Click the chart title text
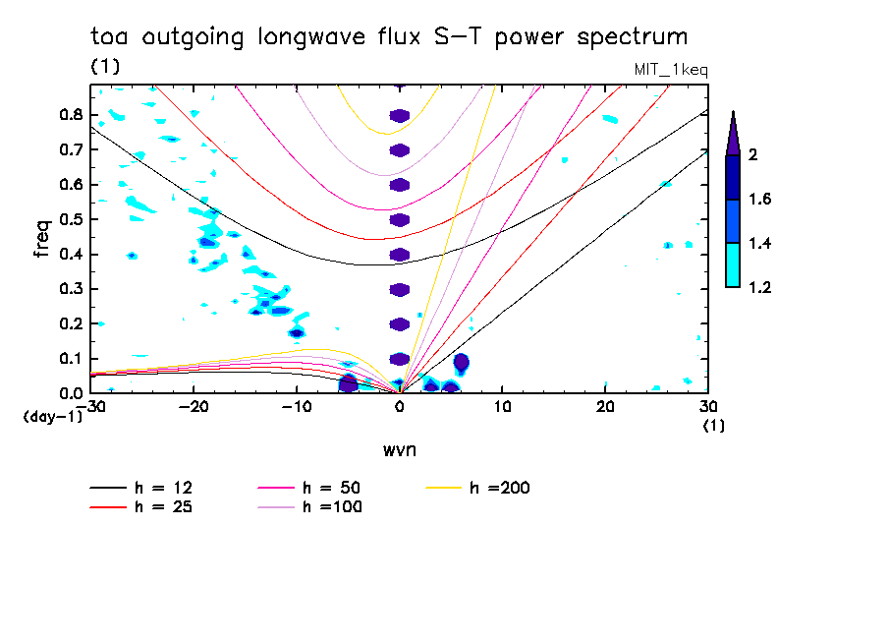tap(389, 37)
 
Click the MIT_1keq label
tap(673, 69)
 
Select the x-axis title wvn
tap(399, 449)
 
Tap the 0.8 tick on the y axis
tap(68, 115)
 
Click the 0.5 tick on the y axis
tap(68, 219)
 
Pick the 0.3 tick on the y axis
tap(68, 289)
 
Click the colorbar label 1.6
tap(760, 200)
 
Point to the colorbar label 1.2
tap(760, 288)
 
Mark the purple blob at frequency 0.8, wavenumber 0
tap(399, 116)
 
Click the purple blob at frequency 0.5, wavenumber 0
tap(399, 220)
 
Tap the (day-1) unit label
tap(51, 417)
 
